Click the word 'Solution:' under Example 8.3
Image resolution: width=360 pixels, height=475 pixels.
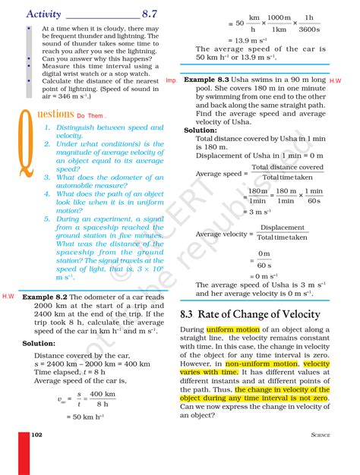pyautogui.click(x=201, y=130)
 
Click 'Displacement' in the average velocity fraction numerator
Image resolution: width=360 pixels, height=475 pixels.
pyautogui.click(x=283, y=227)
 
